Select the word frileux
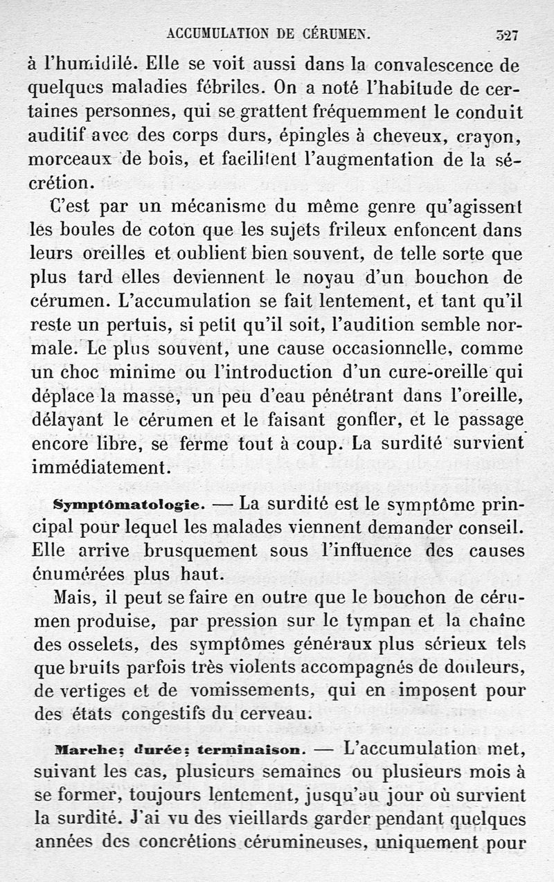pyautogui.click(x=380, y=230)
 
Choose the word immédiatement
pyautogui.click(x=97, y=467)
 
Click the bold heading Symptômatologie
pyautogui.click(x=128, y=503)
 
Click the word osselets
pyautogui.click(x=92, y=645)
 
